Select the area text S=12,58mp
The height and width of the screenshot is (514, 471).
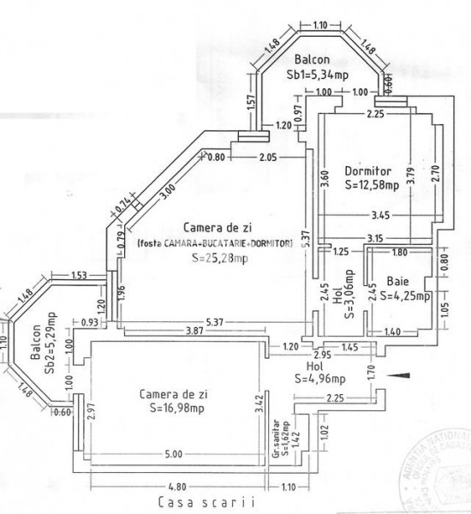tap(366, 183)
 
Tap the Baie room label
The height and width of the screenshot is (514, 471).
tap(396, 279)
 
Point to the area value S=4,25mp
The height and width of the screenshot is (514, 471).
tap(399, 296)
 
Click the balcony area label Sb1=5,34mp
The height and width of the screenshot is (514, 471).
tap(317, 75)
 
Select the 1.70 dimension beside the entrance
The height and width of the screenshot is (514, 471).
tap(371, 372)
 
